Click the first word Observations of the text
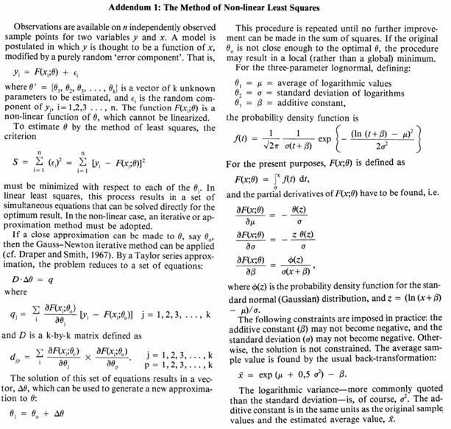44,26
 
